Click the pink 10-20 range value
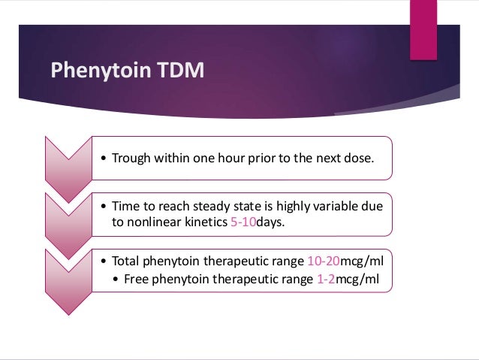pyautogui.click(x=324, y=262)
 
